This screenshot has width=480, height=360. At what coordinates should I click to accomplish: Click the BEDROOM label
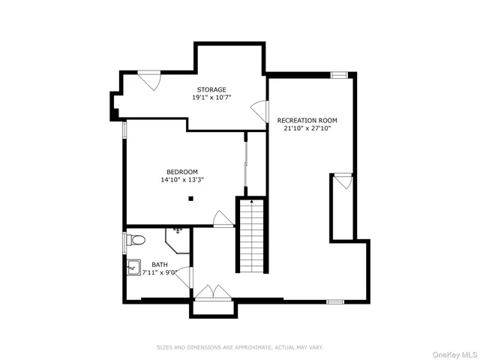click(182, 171)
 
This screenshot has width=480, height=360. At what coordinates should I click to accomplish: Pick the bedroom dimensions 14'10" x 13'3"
click(182, 179)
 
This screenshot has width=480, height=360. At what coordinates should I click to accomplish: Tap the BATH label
click(160, 264)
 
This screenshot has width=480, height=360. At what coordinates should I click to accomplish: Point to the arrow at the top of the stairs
click(252, 201)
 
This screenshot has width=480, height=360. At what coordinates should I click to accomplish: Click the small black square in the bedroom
click(191, 198)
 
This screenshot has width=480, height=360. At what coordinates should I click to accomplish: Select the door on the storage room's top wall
click(148, 79)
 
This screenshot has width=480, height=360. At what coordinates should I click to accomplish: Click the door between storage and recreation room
click(260, 112)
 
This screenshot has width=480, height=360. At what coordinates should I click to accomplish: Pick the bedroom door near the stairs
click(223, 219)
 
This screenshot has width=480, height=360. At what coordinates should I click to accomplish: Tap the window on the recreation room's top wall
click(338, 75)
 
